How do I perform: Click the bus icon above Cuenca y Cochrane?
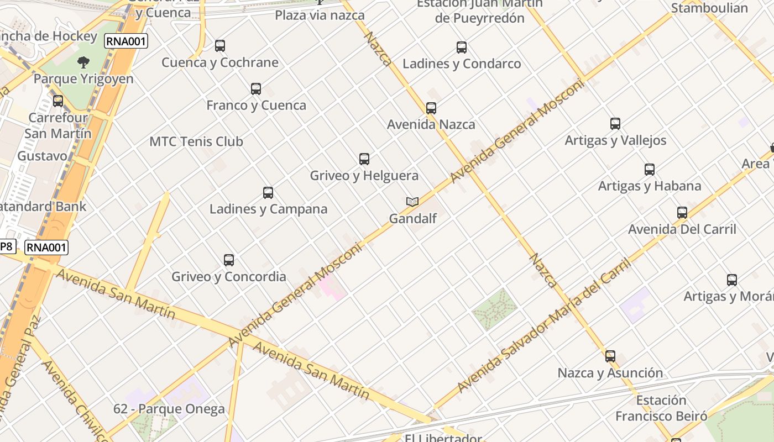pos(220,46)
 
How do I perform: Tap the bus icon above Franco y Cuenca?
pos(256,88)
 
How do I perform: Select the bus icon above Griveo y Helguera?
pos(364,159)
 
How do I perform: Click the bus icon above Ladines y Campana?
pos(268,193)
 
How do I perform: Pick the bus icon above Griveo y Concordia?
pos(229,260)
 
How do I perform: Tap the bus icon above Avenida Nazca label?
pos(431,108)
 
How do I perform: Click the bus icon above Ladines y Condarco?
pos(462,48)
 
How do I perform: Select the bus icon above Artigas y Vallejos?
pos(615,124)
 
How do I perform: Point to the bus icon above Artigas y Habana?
pos(650,170)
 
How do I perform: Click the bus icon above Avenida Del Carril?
pos(682,213)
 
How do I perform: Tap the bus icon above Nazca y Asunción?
pos(610,356)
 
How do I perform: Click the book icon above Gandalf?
pos(412,202)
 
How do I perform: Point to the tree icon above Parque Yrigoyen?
pos(83,62)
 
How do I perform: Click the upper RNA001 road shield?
pos(126,40)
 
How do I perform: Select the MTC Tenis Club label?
pos(196,141)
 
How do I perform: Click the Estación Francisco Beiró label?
pos(661,408)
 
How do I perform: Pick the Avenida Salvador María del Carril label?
pos(545,325)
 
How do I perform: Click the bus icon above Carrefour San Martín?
pos(58,101)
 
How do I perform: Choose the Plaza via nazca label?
pos(320,15)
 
